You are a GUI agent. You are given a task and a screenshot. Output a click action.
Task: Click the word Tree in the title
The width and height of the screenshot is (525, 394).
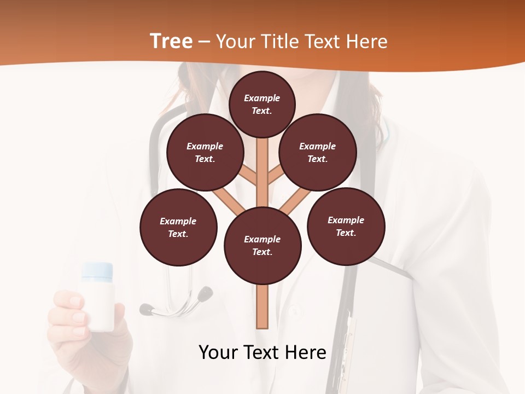(x=171, y=41)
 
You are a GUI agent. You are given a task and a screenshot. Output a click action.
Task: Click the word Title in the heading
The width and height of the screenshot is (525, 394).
(x=280, y=42)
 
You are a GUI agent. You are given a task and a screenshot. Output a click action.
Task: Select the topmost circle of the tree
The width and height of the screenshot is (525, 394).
(x=262, y=104)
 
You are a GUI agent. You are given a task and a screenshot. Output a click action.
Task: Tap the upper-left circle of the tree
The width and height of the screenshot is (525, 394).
(x=205, y=152)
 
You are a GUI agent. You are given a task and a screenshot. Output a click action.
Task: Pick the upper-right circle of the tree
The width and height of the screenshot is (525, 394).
(x=318, y=152)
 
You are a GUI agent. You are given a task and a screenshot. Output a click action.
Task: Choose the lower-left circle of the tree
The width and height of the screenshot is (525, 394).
(x=178, y=227)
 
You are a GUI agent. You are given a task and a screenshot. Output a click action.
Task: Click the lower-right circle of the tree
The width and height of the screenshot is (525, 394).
(x=346, y=226)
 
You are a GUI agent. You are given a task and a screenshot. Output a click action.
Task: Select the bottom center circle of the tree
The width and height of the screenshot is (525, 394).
(x=262, y=245)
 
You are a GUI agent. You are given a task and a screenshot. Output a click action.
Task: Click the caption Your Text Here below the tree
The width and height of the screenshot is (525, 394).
(x=262, y=352)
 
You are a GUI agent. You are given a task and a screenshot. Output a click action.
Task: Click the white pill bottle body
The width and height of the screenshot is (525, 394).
(x=98, y=306)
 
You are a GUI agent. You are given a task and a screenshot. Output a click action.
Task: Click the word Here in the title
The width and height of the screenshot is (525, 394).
(x=368, y=42)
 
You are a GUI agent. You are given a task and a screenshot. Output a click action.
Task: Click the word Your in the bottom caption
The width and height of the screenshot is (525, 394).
(x=218, y=352)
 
